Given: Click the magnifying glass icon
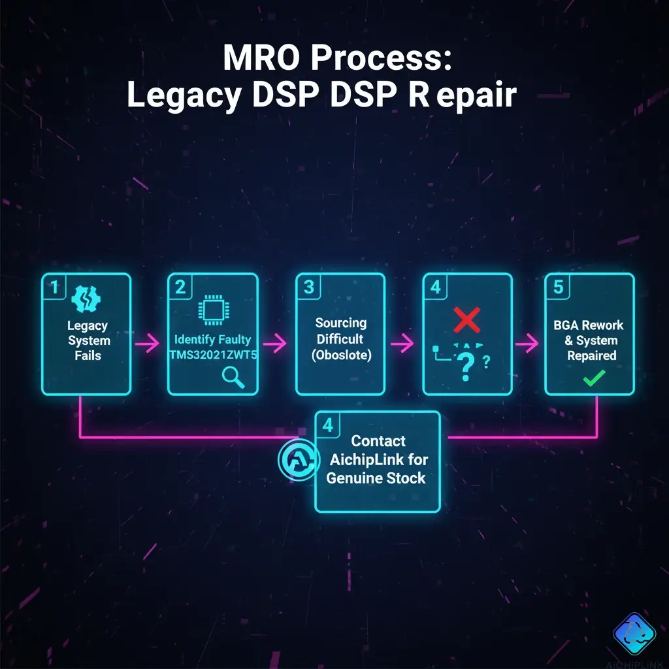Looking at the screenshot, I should (x=233, y=376).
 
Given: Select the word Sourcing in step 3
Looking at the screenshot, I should (x=340, y=323).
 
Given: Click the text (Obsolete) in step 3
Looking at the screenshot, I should (x=340, y=356).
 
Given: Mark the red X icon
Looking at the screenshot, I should (x=466, y=319).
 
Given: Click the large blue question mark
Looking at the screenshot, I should (x=465, y=367).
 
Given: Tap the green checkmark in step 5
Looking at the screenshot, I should (x=594, y=378).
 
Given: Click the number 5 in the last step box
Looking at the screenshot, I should (x=559, y=287).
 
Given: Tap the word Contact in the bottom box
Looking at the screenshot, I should (x=378, y=441).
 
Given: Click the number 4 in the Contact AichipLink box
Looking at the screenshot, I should (x=328, y=426).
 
